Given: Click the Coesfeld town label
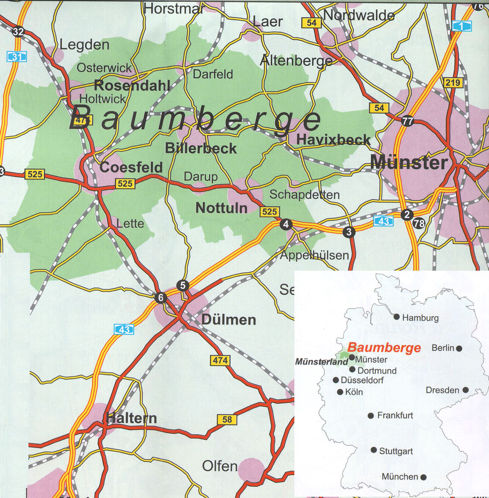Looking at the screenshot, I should tap(131, 168).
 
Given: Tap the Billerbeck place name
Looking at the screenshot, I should tap(200, 148).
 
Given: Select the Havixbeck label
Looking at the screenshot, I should tap(333, 140).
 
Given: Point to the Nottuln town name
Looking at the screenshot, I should tap(221, 208).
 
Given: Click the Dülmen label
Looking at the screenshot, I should tap(228, 320).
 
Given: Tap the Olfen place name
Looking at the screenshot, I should tap(220, 466).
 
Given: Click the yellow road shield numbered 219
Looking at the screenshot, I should tap(453, 83).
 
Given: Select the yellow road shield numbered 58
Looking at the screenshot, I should tap(227, 420).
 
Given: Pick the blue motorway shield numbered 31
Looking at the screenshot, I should tap(17, 57).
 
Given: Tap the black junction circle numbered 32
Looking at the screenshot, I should tap(18, 32).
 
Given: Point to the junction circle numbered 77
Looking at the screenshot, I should tap(407, 121).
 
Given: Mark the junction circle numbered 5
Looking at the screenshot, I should tap(182, 285).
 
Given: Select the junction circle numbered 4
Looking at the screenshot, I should tap(286, 224).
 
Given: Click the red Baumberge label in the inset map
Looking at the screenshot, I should tap(384, 348).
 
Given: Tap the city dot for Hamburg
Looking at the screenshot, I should tap(397, 317).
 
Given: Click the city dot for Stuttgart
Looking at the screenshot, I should tap(374, 450).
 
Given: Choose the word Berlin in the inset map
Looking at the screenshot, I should tap(443, 348).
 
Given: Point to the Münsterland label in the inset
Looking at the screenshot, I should tap(322, 362).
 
